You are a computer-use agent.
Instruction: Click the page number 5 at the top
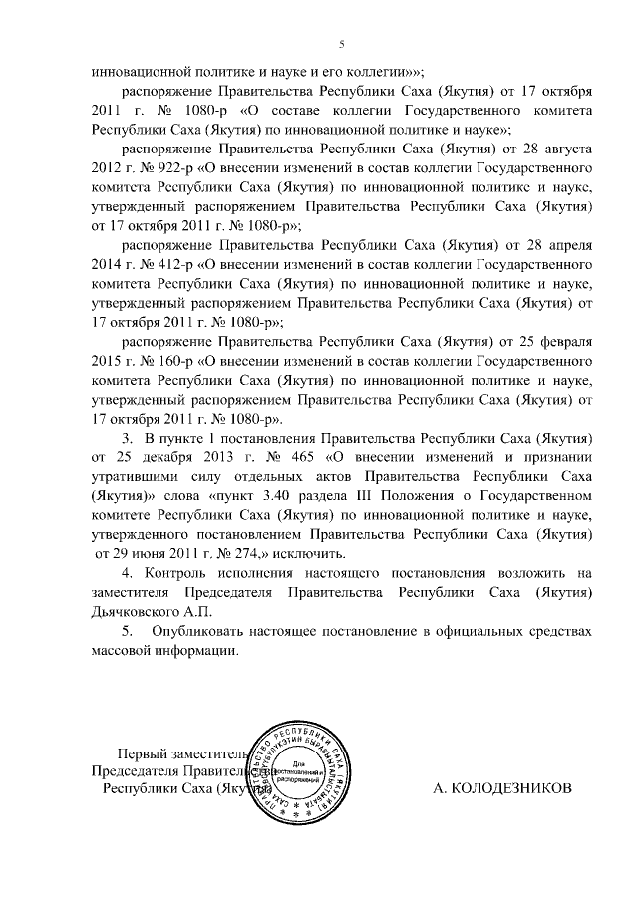point(341,44)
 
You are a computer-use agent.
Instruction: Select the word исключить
point(312,553)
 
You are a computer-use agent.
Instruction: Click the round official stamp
point(302,767)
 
